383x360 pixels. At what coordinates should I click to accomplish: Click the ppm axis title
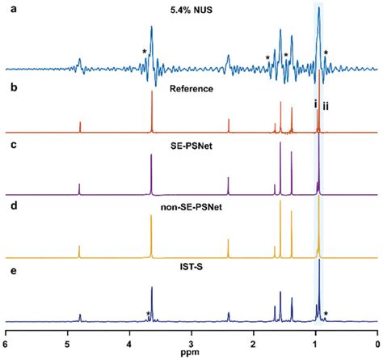coord(191,353)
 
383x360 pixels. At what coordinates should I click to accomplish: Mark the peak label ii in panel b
coord(326,106)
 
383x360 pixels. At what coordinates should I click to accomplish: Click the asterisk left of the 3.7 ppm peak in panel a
coord(144,53)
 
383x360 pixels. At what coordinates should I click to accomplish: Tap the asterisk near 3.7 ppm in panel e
coord(148,314)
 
